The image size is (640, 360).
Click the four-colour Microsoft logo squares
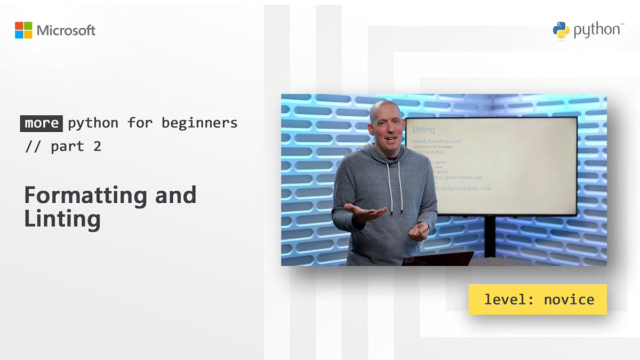pos(23,30)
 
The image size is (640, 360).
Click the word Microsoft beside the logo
pos(66,30)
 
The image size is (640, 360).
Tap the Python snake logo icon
pos(561,30)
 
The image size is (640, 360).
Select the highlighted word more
pos(42,123)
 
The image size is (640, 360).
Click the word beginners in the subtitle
pos(199,123)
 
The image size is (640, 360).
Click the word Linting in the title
pos(62,219)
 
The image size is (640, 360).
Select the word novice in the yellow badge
pos(569,299)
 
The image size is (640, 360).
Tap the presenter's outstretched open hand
pos(364,212)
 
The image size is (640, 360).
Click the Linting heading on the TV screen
pos(423,129)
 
